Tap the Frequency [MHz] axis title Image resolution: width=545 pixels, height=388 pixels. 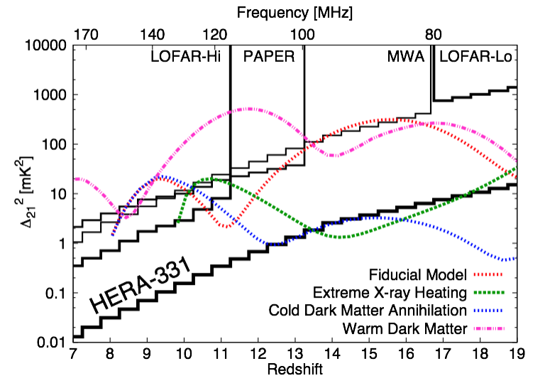pyautogui.click(x=294, y=12)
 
